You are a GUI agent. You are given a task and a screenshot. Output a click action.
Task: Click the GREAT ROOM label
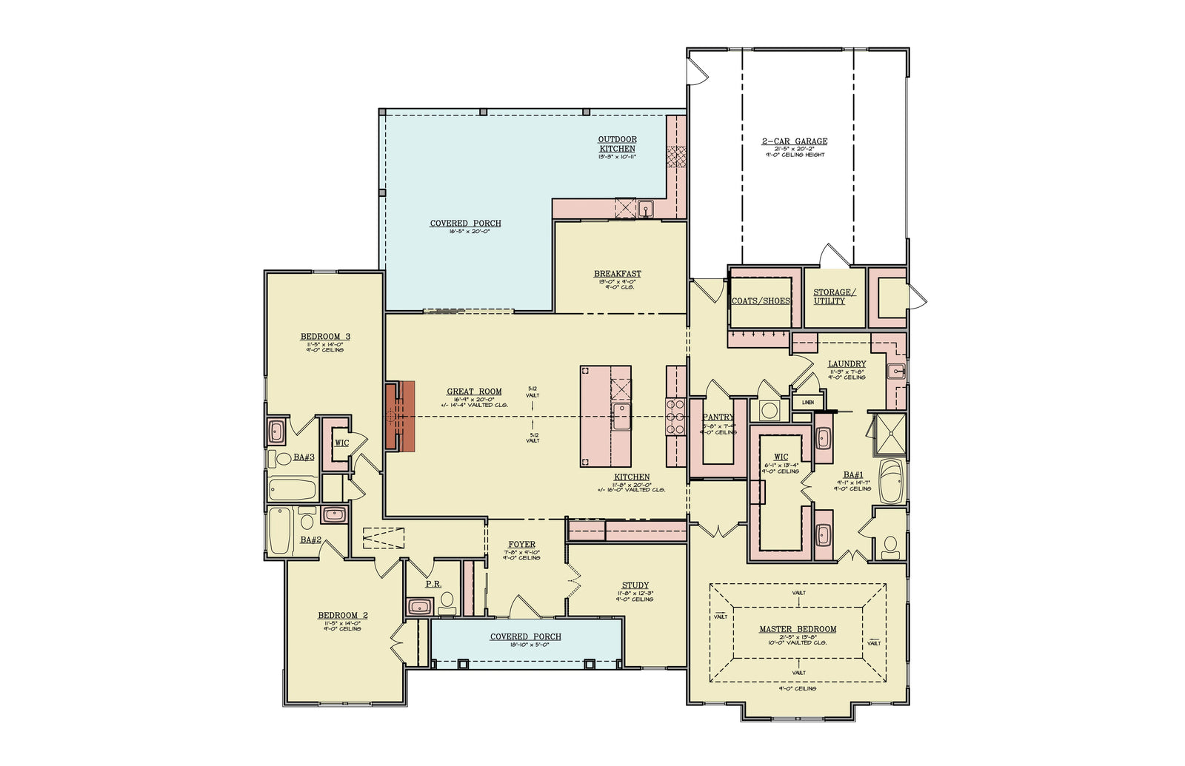[474, 392]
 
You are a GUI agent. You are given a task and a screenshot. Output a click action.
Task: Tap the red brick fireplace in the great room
[399, 416]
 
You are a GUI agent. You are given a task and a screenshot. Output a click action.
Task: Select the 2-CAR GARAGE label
[795, 141]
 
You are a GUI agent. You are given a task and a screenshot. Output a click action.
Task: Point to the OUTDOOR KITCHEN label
[617, 144]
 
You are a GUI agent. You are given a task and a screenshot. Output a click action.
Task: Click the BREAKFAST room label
[617, 274]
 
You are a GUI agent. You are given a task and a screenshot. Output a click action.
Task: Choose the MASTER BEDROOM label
[798, 629]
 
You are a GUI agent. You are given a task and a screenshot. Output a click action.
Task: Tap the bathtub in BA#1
[890, 482]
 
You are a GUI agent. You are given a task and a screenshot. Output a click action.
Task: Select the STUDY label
[635, 585]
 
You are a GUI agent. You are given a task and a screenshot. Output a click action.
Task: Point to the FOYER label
[521, 545]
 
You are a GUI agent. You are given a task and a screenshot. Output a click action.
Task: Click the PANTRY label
[718, 417]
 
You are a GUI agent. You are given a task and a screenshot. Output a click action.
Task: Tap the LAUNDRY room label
[847, 364]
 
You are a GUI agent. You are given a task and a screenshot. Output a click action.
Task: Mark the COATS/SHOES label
[761, 301]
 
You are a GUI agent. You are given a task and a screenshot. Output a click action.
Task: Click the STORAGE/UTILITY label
[834, 297]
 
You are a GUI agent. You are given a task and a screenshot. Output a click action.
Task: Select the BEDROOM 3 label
[325, 337]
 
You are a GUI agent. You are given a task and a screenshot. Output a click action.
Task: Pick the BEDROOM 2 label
[342, 616]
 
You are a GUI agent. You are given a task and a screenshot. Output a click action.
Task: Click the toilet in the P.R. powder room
[447, 604]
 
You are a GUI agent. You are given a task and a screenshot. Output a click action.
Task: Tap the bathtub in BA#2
[280, 531]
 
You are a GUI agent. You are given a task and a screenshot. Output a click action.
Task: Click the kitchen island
[605, 416]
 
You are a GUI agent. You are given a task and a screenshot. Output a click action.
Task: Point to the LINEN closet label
[807, 403]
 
